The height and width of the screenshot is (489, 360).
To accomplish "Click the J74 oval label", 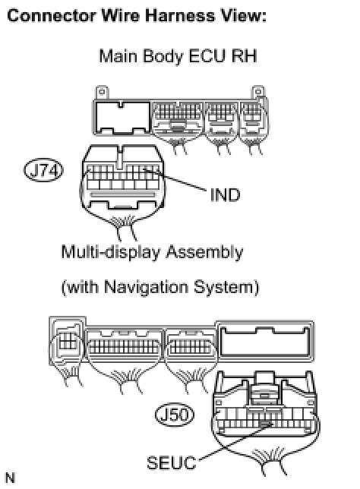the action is (44, 171).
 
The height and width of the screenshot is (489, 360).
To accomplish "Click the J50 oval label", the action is (175, 415).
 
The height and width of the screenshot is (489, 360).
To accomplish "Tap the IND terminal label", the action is (225, 195).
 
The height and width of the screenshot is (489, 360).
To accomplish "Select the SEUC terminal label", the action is (171, 463).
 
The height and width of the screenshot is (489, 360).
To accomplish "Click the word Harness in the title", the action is (180, 15).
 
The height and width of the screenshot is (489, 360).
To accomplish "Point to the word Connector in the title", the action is (52, 15).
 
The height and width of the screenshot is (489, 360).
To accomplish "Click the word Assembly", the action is (204, 252).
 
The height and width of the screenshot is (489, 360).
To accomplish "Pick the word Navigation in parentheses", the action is (146, 287).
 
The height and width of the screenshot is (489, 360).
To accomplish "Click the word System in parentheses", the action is (224, 287).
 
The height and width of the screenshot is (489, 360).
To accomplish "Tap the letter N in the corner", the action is (10, 478).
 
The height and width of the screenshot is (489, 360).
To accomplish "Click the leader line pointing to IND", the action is (175, 180).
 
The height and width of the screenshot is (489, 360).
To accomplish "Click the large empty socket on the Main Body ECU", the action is (122, 117).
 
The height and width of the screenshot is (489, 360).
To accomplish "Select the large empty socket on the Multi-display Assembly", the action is (264, 340).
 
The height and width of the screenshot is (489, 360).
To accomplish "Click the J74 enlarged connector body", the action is (123, 177).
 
